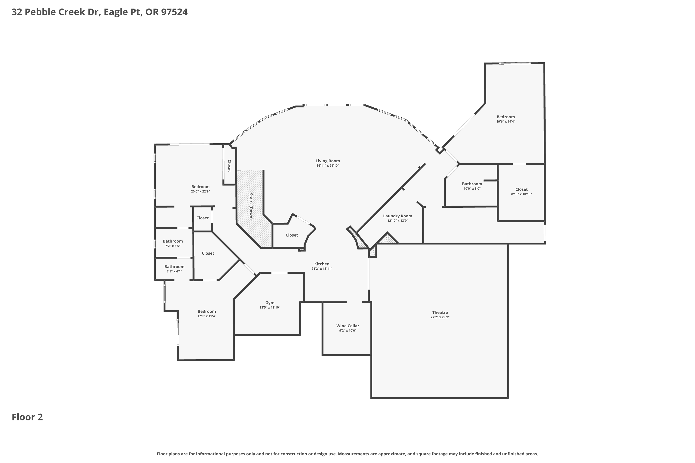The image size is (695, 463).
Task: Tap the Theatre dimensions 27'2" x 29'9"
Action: [440, 317]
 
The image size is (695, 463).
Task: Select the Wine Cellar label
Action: [347, 326]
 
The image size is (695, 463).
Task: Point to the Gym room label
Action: [270, 303]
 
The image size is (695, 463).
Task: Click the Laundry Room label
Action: [398, 216]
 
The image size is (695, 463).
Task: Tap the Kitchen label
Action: [322, 264]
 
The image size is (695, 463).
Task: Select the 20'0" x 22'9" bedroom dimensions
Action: [200, 191]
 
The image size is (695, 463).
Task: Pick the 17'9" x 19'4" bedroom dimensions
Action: [207, 316]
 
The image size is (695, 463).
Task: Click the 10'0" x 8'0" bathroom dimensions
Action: [472, 188]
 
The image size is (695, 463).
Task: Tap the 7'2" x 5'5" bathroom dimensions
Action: [173, 246]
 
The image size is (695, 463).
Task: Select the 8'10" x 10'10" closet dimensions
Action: [521, 194]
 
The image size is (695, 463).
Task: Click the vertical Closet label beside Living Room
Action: [229, 166]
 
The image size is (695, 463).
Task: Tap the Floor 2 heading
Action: [27, 417]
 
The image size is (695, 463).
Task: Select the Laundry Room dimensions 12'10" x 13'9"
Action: [398, 221]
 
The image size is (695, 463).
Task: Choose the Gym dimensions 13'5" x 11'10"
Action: [270, 307]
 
